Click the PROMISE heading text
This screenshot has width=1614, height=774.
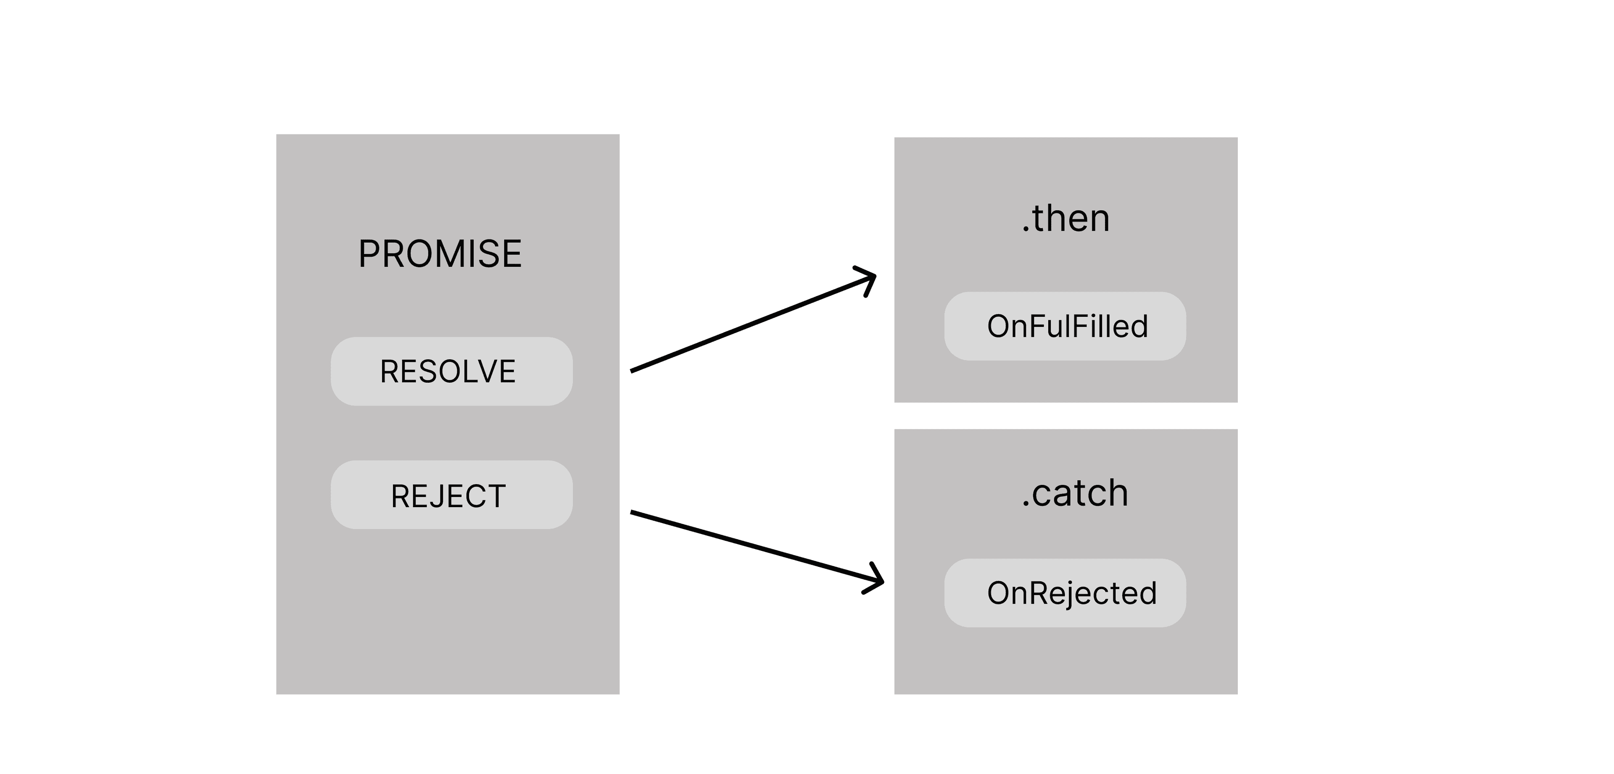click(440, 254)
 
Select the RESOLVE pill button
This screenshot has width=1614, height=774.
click(451, 371)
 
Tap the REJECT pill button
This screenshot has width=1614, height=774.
click(451, 495)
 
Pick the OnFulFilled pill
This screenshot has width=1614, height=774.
click(1065, 326)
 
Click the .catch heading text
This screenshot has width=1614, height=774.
click(1075, 493)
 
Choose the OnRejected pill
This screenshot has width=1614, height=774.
click(1065, 593)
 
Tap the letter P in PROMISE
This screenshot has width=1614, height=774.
click(370, 254)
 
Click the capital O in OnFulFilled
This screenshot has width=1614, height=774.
click(998, 326)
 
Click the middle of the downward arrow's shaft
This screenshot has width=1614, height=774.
click(755, 547)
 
